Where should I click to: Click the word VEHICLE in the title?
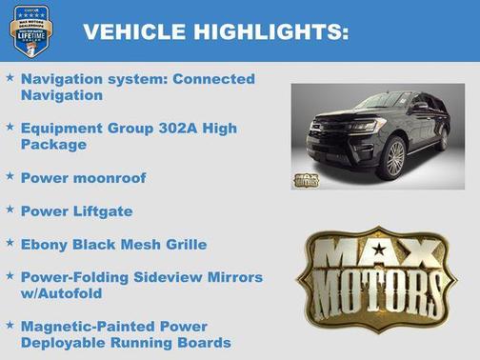pyautogui.click(x=133, y=31)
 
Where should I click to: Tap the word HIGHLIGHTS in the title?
pyautogui.click(x=269, y=31)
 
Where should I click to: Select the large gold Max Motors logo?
pyautogui.click(x=380, y=279)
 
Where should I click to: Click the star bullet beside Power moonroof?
pyautogui.click(x=10, y=176)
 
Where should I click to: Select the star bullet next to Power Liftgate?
pyautogui.click(x=10, y=210)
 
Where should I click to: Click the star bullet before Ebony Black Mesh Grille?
pyautogui.click(x=10, y=243)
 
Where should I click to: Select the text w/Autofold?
pyautogui.click(x=61, y=293)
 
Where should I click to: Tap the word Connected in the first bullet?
pyautogui.click(x=214, y=79)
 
